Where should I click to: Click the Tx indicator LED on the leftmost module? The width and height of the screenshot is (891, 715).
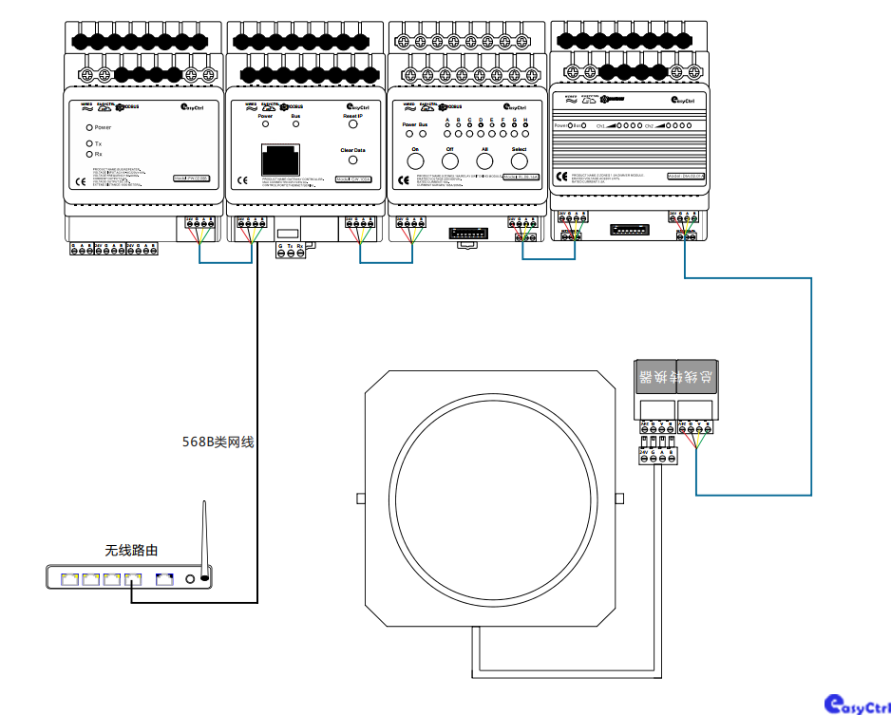point(89,143)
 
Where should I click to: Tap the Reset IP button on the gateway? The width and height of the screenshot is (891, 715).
point(353,123)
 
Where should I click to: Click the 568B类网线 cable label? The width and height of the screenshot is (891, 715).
point(218,442)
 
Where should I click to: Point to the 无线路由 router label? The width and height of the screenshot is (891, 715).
point(131,550)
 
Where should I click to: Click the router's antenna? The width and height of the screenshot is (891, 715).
point(203,536)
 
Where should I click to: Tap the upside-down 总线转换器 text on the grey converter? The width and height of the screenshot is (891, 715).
point(675,378)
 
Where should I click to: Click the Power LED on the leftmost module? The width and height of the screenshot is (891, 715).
point(89,127)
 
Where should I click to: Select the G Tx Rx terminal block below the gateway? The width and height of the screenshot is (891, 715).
point(290,251)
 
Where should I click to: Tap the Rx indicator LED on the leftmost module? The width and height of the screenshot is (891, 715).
point(89,153)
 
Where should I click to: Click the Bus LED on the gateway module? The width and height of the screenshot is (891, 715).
point(295,123)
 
